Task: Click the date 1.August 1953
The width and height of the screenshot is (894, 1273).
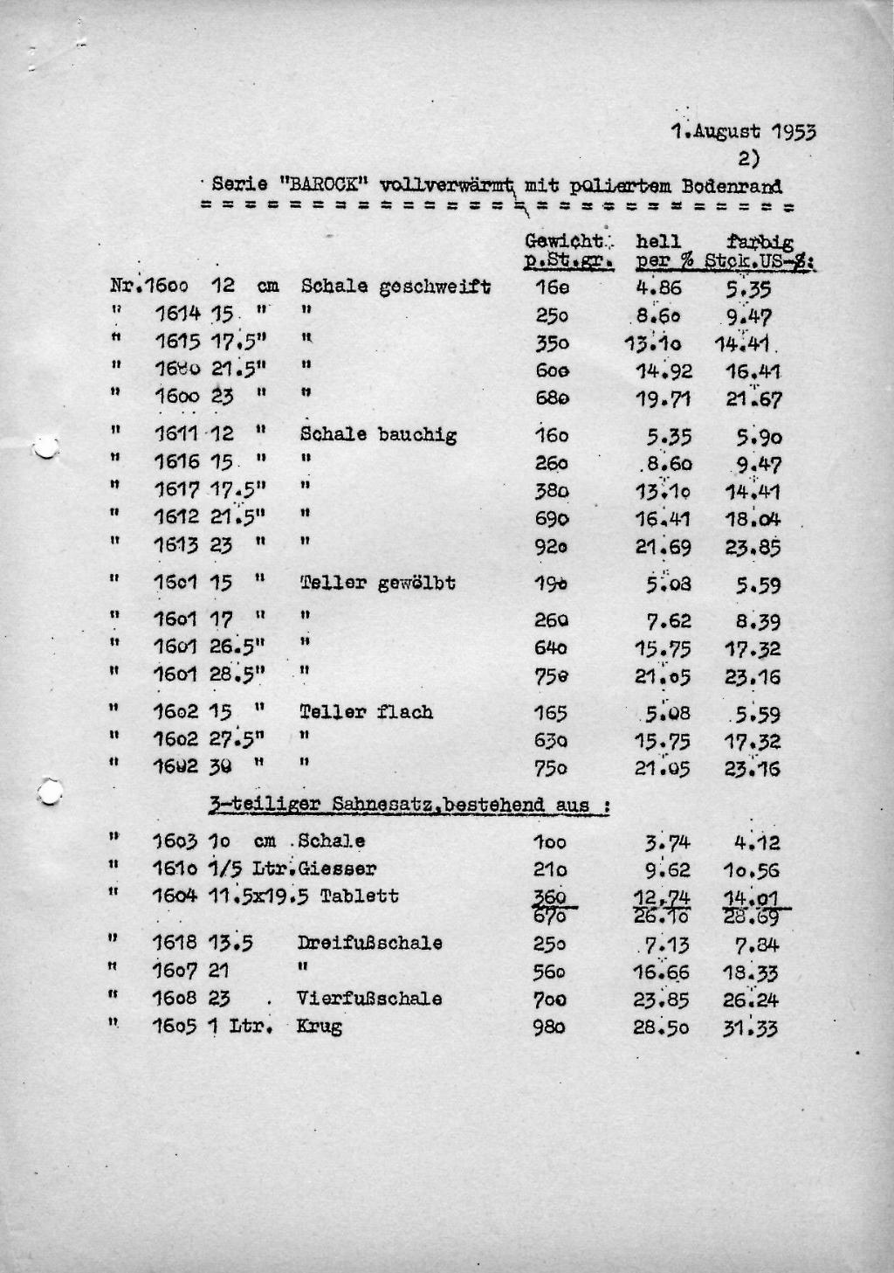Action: (x=744, y=133)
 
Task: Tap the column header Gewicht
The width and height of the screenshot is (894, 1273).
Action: (x=563, y=241)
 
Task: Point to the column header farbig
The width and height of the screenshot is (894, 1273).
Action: (x=760, y=242)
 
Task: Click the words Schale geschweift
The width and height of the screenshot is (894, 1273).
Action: (x=395, y=287)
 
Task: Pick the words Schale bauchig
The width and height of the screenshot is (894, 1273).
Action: (x=378, y=434)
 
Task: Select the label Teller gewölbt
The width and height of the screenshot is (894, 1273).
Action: (x=377, y=583)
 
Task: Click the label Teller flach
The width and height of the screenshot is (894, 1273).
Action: (x=366, y=712)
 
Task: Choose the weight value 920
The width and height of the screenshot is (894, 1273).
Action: (x=552, y=548)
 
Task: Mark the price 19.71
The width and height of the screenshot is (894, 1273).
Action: (x=663, y=400)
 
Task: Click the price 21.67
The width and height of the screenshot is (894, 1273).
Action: (x=753, y=400)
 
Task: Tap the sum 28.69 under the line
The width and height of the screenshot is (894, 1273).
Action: (x=753, y=917)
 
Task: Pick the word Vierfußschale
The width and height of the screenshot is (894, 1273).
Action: (x=369, y=999)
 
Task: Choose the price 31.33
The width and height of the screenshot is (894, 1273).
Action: (x=751, y=1028)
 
